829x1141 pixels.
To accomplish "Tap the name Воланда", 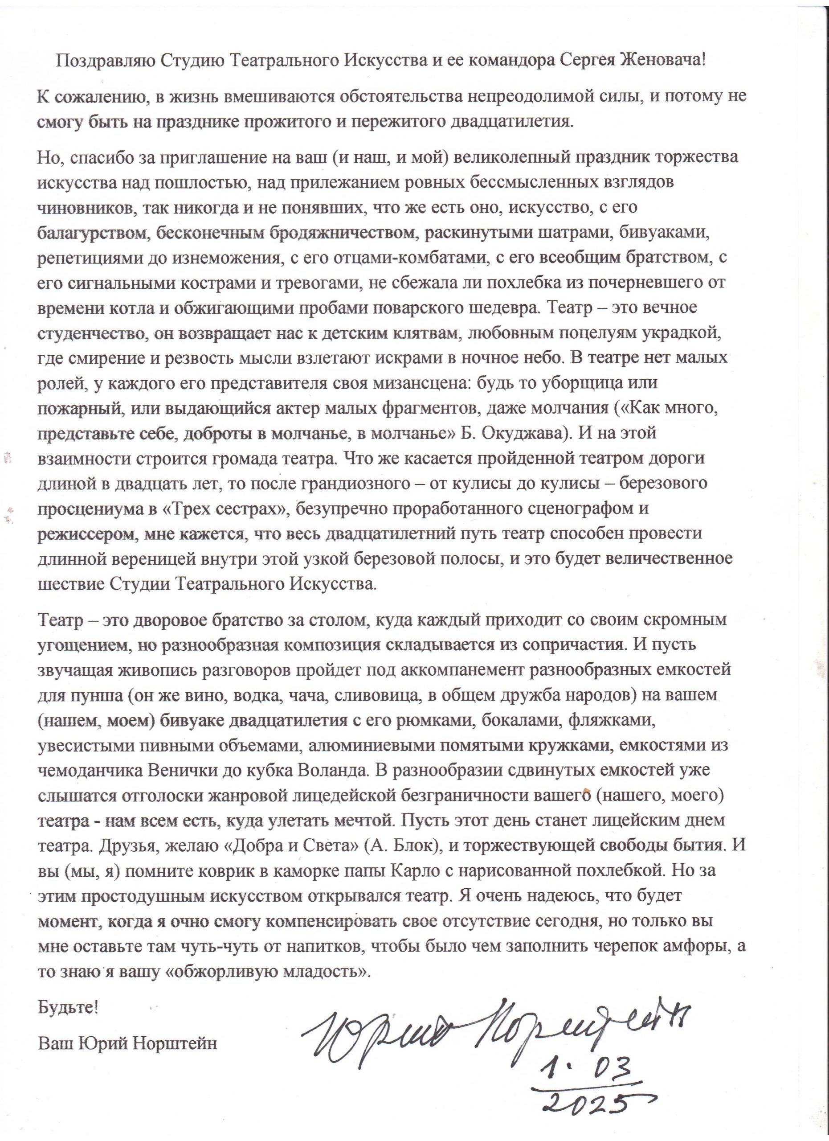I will (356, 770).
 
